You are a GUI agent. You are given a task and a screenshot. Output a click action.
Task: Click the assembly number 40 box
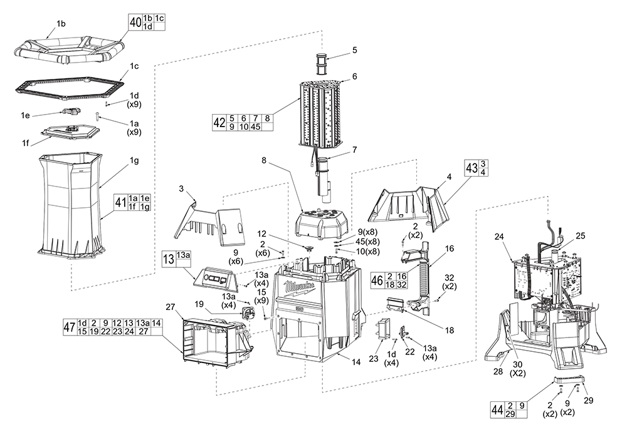135,22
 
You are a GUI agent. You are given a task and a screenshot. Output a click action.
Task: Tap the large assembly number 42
219,121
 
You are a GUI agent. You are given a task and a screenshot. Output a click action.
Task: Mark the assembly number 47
70,327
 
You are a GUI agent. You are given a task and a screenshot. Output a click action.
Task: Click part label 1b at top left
61,24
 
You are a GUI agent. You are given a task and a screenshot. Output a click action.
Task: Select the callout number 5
354,49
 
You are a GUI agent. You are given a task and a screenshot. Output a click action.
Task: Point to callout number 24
499,237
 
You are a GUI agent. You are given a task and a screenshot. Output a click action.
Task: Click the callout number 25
579,235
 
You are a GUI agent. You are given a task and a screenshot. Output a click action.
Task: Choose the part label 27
170,307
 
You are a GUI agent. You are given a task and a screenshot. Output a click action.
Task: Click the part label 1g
134,161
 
